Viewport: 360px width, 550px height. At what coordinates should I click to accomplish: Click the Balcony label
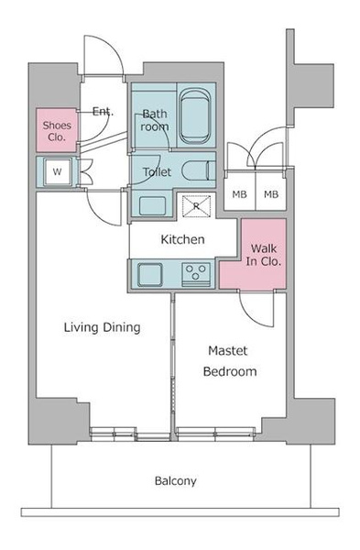pyautogui.click(x=175, y=480)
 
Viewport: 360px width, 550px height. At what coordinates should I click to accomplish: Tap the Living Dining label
pyautogui.click(x=102, y=327)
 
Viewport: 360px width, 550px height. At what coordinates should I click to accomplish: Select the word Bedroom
pyautogui.click(x=230, y=371)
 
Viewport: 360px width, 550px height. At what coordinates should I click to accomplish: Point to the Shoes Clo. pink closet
pyautogui.click(x=57, y=130)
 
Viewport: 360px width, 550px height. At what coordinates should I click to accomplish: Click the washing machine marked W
pyautogui.click(x=57, y=171)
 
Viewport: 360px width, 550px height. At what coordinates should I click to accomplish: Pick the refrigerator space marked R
pyautogui.click(x=196, y=206)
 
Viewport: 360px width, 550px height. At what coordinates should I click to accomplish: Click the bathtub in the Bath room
pyautogui.click(x=195, y=115)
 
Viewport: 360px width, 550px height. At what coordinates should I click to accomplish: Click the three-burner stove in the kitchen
pyautogui.click(x=196, y=274)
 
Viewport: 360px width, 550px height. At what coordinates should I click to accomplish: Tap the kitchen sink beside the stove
pyautogui.click(x=150, y=275)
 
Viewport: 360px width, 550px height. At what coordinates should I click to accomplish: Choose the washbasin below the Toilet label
pyautogui.click(x=152, y=206)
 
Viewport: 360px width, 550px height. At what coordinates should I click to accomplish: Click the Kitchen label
pyautogui.click(x=182, y=239)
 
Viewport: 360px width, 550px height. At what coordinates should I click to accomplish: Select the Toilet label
pyautogui.click(x=157, y=172)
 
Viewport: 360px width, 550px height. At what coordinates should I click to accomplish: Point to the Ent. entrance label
pyautogui.click(x=103, y=112)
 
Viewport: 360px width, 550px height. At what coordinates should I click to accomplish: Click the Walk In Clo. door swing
pyautogui.click(x=256, y=309)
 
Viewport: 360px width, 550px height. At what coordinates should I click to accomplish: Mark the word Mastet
pyautogui.click(x=228, y=350)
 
